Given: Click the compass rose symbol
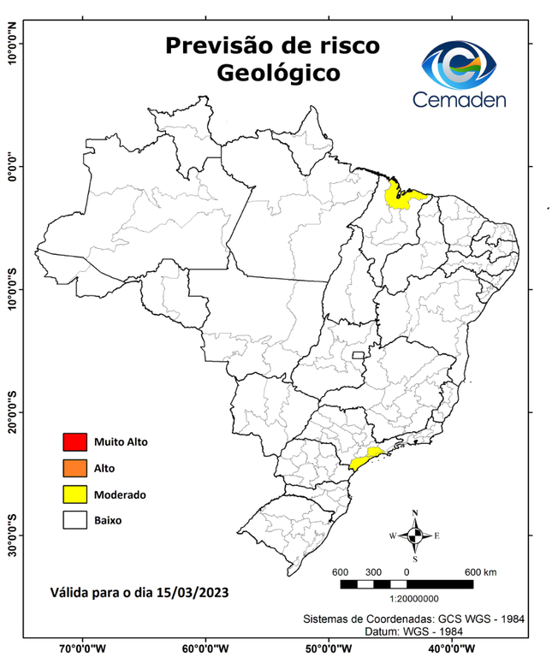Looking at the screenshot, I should point(415,536).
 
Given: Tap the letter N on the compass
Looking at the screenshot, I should point(415,513).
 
